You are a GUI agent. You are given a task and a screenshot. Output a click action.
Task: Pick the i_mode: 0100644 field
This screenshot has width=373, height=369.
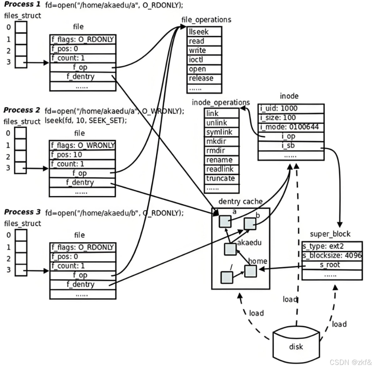point(291,127)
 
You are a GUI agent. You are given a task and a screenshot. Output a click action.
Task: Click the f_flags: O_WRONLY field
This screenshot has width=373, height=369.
point(82,145)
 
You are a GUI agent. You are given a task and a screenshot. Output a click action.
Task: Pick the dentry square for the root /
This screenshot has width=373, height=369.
point(227,277)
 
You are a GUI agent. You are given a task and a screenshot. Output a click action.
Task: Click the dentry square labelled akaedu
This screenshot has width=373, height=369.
point(230,250)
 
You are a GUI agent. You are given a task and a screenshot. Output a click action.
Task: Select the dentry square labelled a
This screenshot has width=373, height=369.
point(225,221)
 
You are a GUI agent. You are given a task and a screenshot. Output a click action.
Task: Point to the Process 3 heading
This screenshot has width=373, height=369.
point(22,212)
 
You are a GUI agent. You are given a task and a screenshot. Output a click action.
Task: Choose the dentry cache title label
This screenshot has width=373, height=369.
point(240,201)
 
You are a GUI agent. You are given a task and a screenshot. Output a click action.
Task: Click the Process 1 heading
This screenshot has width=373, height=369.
point(22,4)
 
